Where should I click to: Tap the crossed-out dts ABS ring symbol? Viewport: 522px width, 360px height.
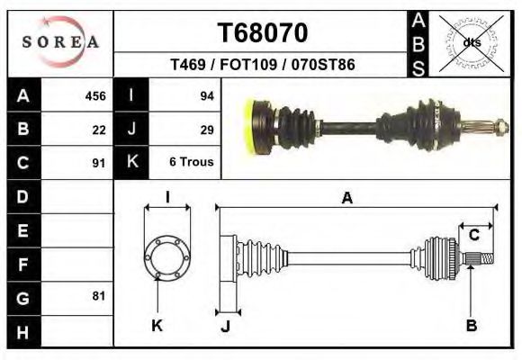tap(472, 42)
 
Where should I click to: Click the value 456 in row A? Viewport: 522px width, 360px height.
tap(94, 96)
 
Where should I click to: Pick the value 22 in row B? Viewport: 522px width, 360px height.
tap(98, 130)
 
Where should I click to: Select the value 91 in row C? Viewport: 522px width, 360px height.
tap(98, 163)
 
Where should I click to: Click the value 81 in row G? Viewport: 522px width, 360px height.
tap(98, 296)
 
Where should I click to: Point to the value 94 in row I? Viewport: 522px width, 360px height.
tap(206, 96)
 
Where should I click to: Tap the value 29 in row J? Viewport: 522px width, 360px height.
tap(206, 130)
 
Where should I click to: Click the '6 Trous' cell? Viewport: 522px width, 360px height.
tap(189, 163)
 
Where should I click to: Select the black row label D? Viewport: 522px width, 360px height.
tap(23, 196)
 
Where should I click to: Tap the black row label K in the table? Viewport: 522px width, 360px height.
tap(131, 163)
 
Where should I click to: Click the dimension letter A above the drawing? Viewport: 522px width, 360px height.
tap(346, 199)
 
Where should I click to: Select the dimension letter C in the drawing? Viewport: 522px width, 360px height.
tap(473, 236)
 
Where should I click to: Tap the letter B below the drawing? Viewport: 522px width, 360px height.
tap(471, 326)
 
